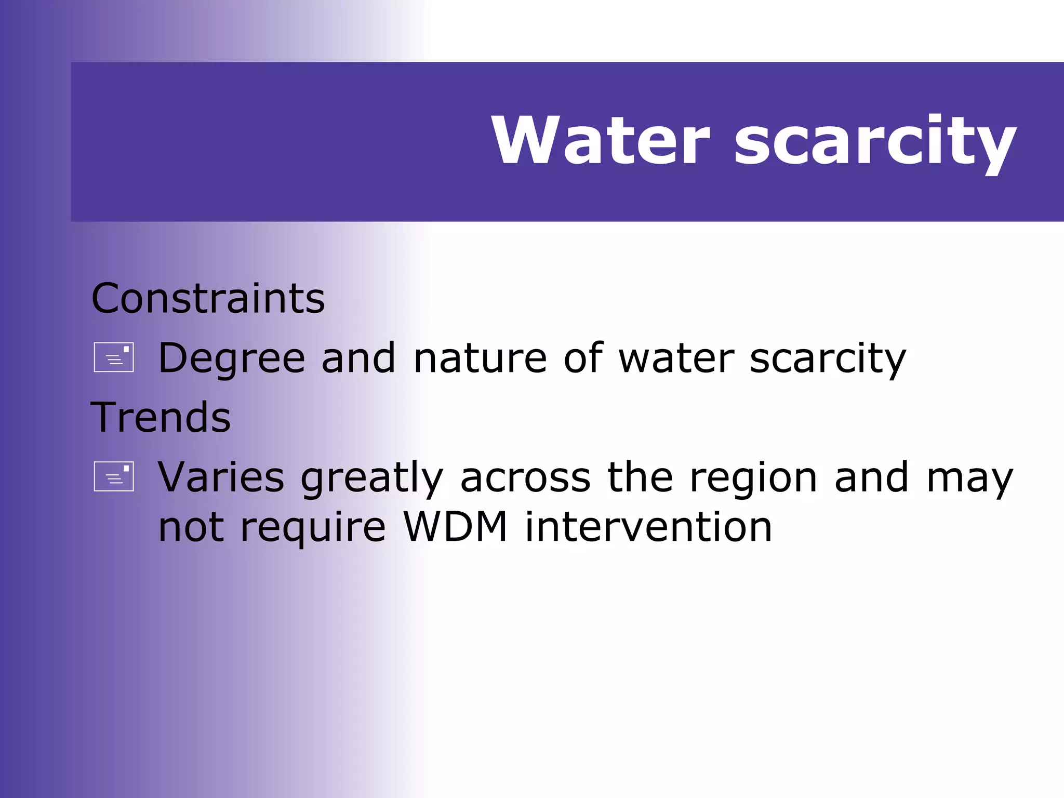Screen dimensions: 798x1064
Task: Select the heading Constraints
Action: pos(208,299)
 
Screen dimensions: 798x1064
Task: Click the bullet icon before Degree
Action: pos(114,357)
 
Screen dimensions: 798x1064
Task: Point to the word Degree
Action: pos(232,358)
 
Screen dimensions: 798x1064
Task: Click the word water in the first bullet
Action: pos(676,358)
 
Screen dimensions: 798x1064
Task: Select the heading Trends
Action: pos(161,417)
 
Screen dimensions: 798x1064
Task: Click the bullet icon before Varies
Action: pos(114,476)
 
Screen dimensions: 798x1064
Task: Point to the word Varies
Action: pos(221,477)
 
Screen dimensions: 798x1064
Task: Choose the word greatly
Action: pos(372,478)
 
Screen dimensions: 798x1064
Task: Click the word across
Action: pos(525,477)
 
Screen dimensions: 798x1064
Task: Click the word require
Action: pos(313,528)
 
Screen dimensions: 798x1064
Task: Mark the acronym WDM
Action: pos(456,527)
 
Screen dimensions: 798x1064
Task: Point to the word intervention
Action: pos(648,527)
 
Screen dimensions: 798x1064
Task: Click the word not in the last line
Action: pos(191,527)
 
